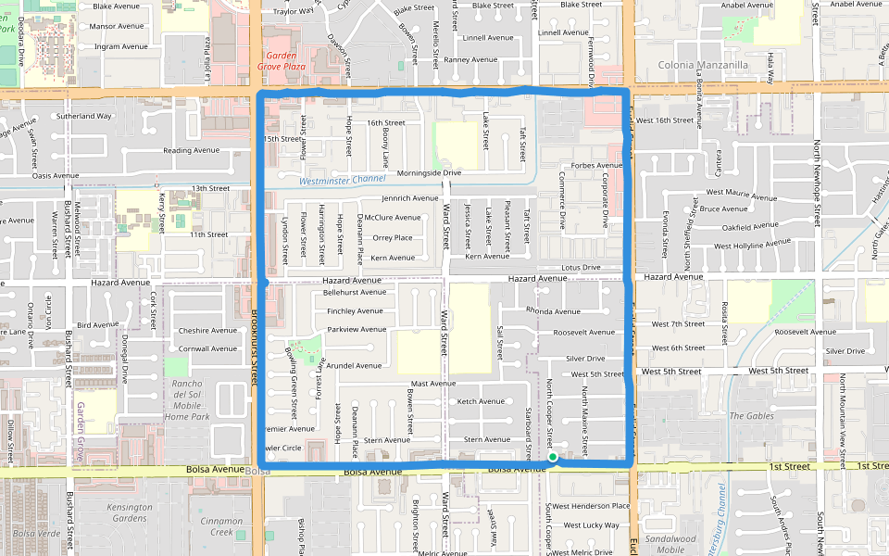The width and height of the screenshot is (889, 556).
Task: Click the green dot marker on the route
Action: click(x=552, y=457)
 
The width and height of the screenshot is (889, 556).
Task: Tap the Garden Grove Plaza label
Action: click(x=281, y=61)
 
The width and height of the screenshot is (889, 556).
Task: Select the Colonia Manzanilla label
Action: click(x=703, y=66)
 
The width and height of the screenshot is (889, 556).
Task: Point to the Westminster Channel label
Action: click(x=343, y=180)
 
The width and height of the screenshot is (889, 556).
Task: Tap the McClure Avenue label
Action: click(x=393, y=218)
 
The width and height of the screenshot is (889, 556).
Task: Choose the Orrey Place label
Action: click(x=393, y=237)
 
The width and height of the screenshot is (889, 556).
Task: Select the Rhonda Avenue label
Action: click(x=552, y=310)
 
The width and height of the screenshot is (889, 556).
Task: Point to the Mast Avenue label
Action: click(x=433, y=383)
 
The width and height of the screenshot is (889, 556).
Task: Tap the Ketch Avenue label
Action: click(x=481, y=401)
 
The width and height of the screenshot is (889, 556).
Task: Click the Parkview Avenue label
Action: click(x=357, y=329)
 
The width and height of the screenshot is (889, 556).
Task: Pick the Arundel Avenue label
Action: click(x=353, y=365)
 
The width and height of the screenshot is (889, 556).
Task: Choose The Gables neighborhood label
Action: click(x=751, y=416)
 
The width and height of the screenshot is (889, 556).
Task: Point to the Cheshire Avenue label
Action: click(x=208, y=330)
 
